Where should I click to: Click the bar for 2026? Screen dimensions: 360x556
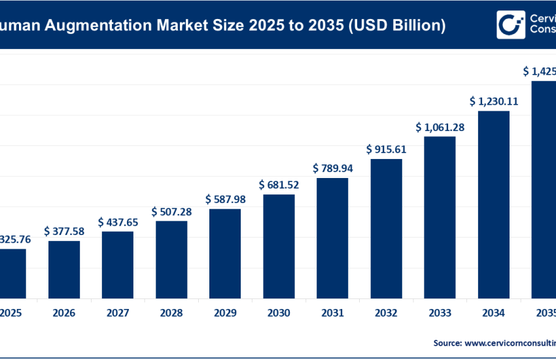pyautogui.click(x=64, y=269)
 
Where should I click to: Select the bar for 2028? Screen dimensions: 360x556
pyautogui.click(x=171, y=259)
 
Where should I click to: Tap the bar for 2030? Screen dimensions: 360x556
pyautogui.click(x=279, y=245)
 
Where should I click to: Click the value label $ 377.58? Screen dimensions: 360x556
pyautogui.click(x=64, y=231)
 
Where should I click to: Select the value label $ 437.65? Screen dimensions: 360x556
pyautogui.click(x=118, y=223)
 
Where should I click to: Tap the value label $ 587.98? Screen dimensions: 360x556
pyautogui.click(x=225, y=199)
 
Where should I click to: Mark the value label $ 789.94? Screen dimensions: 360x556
pyautogui.click(x=332, y=168)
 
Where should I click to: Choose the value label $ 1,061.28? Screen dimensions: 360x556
pyautogui.click(x=440, y=127)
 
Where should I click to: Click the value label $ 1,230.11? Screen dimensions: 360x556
pyautogui.click(x=493, y=101)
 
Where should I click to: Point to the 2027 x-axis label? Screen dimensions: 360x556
pyautogui.click(x=118, y=314)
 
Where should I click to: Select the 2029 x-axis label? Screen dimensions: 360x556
pyautogui.click(x=225, y=314)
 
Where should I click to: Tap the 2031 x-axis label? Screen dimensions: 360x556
pyautogui.click(x=332, y=314)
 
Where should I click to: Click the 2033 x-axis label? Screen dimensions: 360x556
pyautogui.click(x=440, y=314)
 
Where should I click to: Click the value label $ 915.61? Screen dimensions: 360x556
pyautogui.click(x=386, y=149)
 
